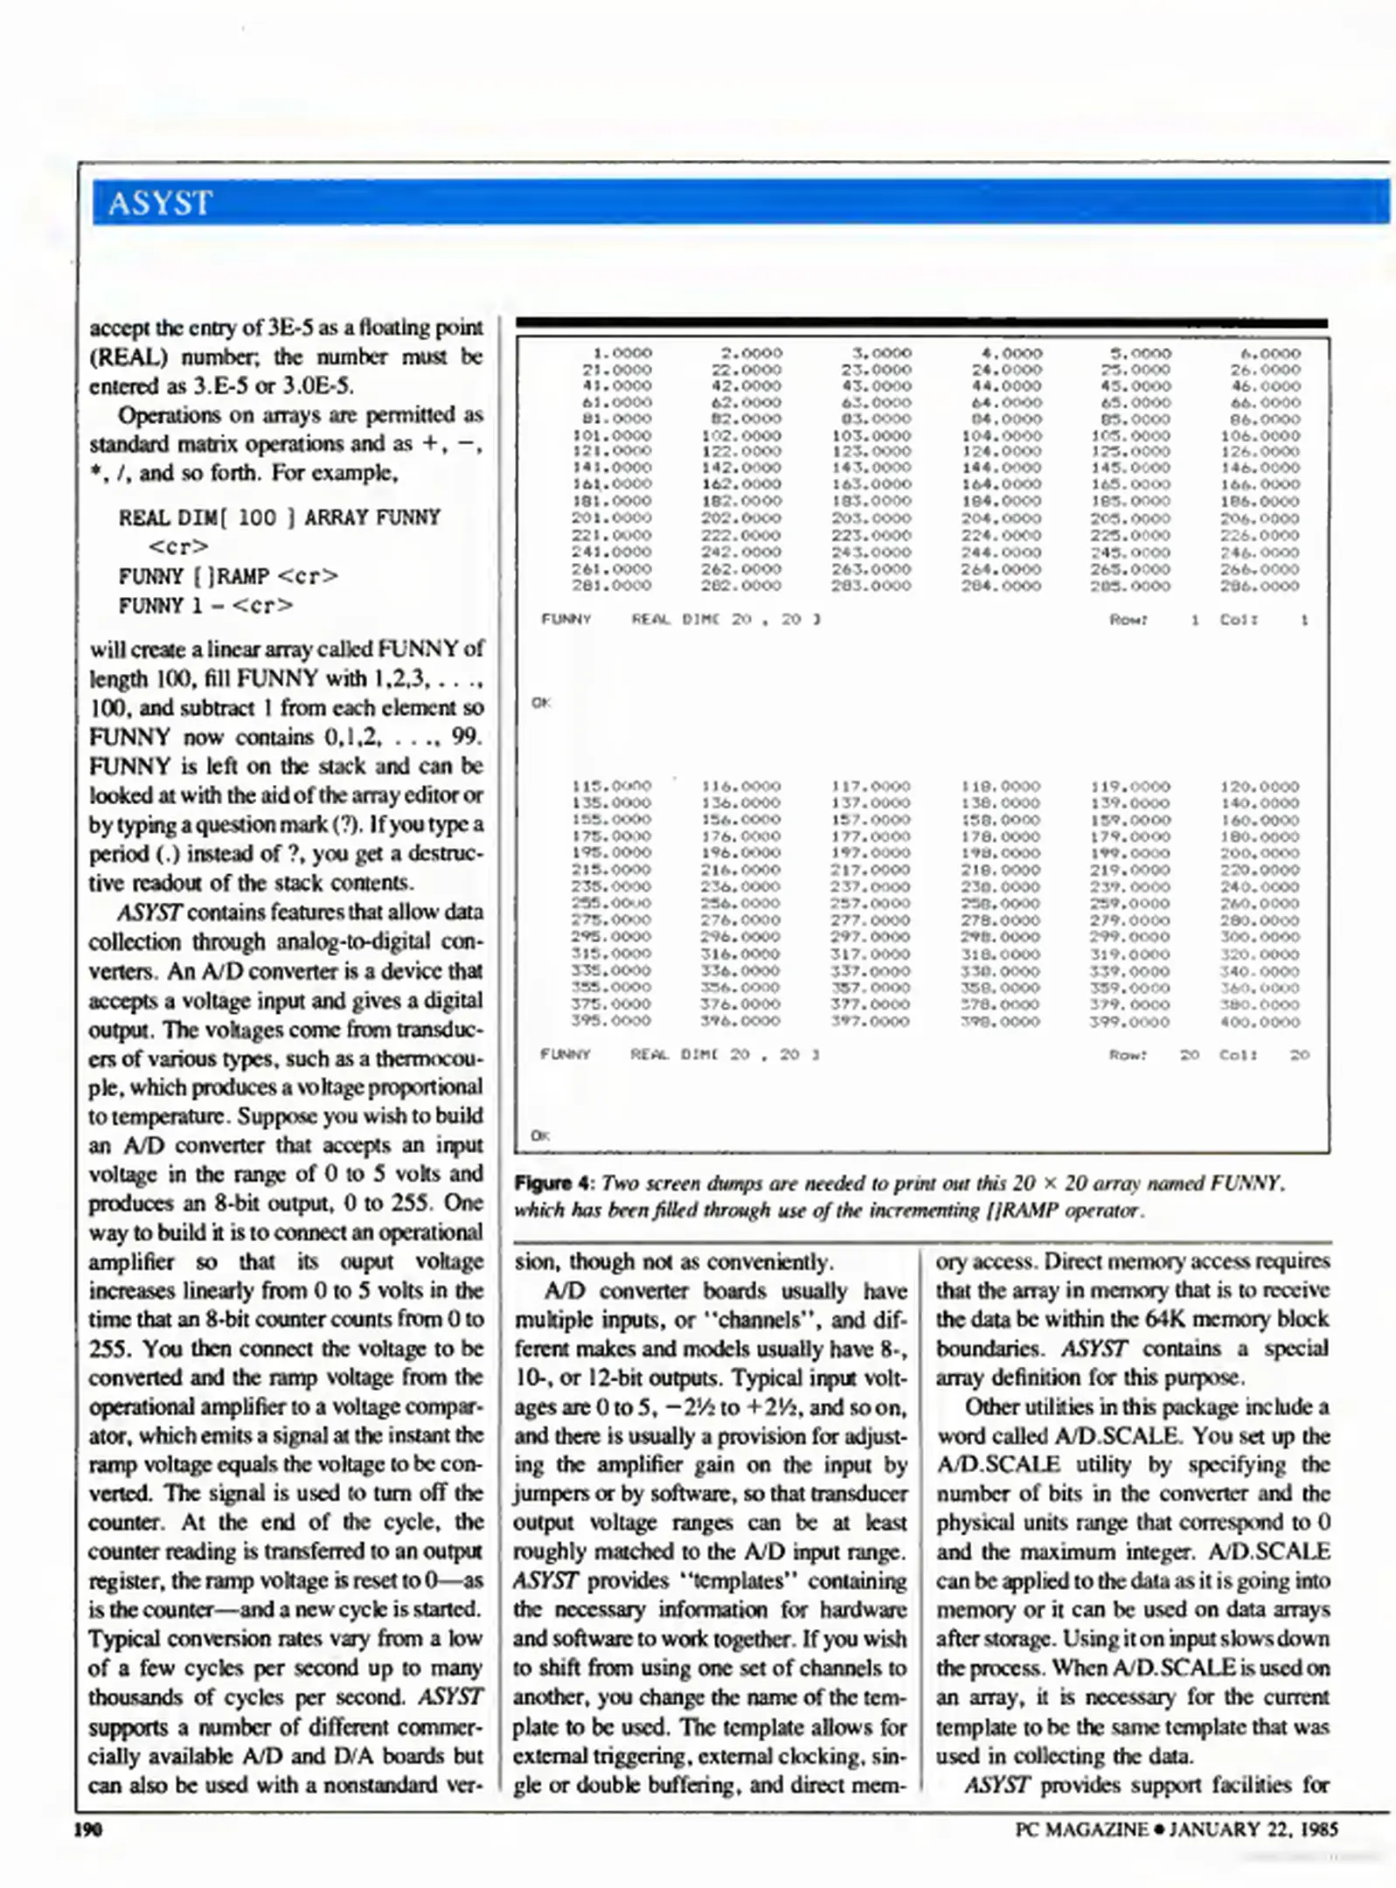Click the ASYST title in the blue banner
159,203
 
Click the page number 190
89,1829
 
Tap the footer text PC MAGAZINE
1081,1829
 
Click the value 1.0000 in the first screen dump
622,353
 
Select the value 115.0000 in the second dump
612,786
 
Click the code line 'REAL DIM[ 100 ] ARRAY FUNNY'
280,517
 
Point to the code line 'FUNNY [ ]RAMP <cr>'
228,576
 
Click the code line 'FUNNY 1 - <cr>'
205,606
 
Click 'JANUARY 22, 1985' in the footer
1253,1829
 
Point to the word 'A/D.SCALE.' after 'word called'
1118,1436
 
